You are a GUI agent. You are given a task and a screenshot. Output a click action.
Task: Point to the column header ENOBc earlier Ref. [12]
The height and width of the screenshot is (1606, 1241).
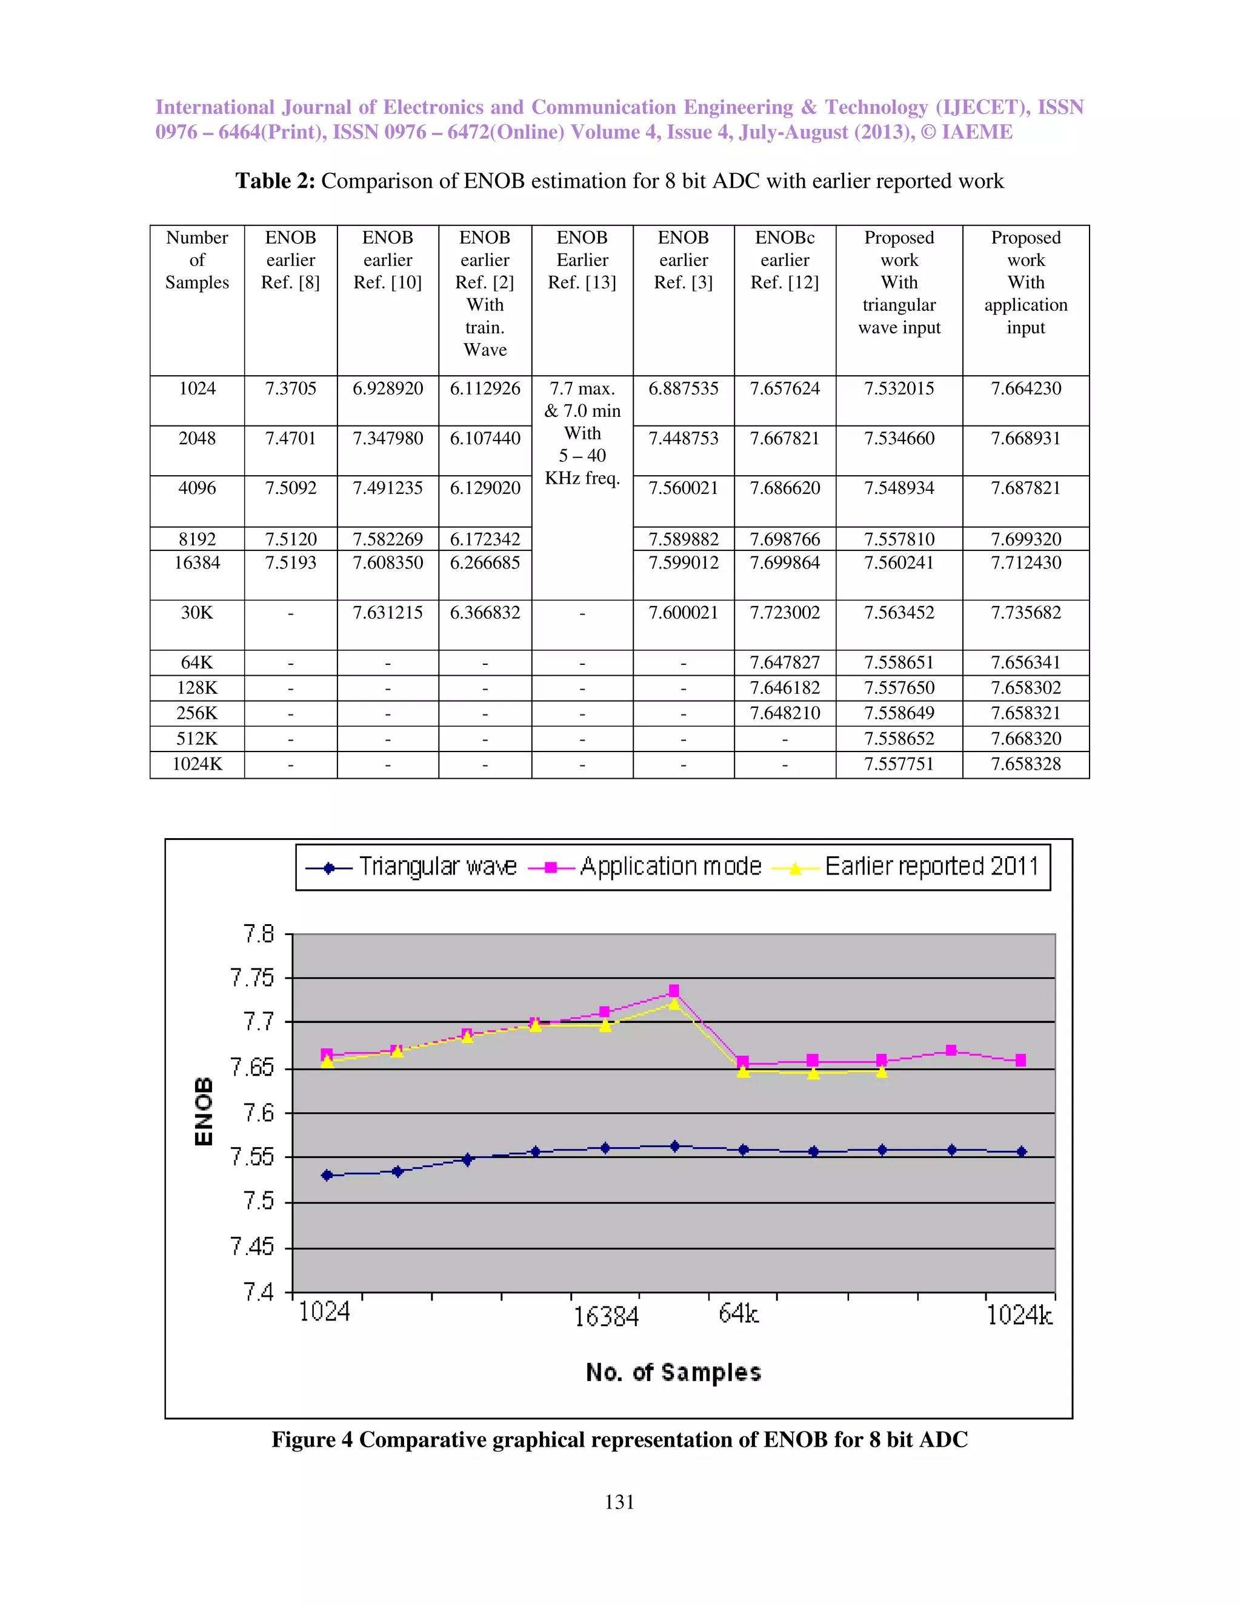pos(785,261)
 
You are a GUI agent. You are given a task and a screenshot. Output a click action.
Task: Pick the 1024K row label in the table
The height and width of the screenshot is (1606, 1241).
pos(197,764)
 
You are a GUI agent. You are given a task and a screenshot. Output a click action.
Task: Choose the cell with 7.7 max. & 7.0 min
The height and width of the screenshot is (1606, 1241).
pos(582,433)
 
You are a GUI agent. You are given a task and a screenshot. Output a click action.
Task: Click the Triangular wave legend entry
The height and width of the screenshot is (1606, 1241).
pos(411,867)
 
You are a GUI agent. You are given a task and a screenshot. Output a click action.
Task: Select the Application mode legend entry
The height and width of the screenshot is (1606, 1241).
pos(645,867)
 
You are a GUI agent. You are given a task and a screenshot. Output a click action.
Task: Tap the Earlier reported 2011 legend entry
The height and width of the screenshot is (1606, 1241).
pos(906,867)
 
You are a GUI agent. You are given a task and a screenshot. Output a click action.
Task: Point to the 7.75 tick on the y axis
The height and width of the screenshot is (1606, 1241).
pos(251,978)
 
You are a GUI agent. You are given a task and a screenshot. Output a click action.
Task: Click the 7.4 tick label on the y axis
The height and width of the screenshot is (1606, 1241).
pos(258,1291)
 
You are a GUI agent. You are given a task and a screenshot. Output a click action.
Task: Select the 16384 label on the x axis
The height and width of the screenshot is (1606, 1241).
pos(606,1316)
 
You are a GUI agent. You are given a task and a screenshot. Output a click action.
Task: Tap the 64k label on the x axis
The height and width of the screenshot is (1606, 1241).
pos(738,1313)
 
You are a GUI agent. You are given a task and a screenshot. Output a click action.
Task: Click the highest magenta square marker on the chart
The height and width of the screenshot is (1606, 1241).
pos(674,990)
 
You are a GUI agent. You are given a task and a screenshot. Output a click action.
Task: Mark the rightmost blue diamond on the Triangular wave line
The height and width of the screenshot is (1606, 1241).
pos(1021,1151)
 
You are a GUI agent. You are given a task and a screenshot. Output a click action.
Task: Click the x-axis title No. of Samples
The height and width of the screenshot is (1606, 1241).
pos(673,1372)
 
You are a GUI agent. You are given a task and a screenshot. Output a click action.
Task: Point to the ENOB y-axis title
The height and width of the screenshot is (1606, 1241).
pos(204,1111)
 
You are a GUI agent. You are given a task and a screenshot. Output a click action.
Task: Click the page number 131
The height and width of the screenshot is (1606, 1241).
pos(619,1502)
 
